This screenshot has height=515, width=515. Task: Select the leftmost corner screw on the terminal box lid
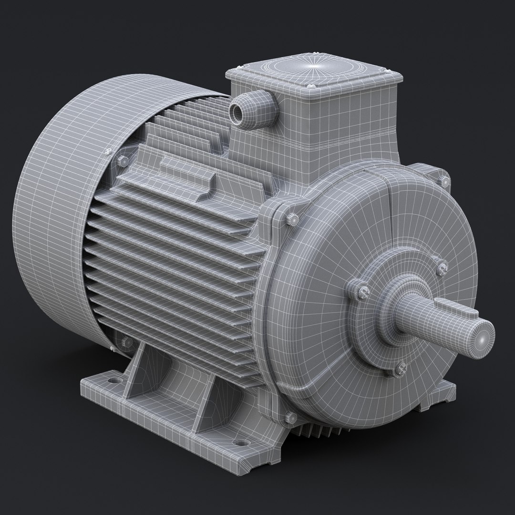(237, 70)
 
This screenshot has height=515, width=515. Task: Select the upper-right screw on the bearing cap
(441, 267)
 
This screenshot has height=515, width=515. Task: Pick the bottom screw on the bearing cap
(401, 368)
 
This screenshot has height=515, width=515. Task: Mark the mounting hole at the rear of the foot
(114, 381)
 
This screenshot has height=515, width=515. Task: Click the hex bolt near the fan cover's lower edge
(126, 341)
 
